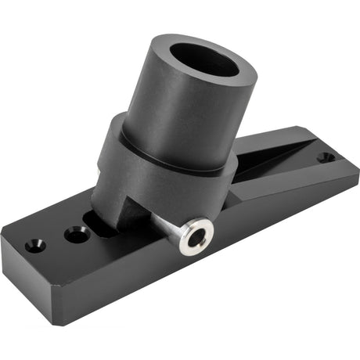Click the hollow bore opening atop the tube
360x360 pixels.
204,60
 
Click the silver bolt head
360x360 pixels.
194,236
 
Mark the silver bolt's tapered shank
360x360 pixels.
166,225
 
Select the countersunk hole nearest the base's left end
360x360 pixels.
35,244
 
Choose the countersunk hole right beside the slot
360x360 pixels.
77,233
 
